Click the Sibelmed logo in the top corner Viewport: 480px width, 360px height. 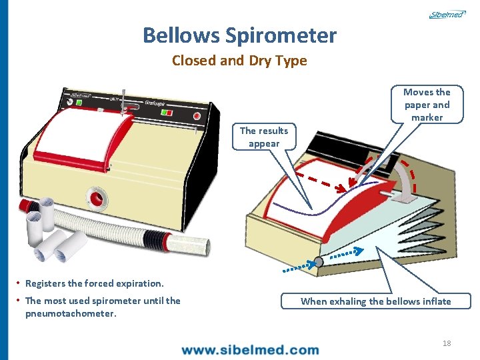(x=446, y=14)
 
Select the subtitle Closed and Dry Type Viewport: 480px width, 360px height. (x=239, y=61)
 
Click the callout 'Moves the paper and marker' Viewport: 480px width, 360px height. (x=427, y=105)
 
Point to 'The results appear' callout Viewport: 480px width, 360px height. (x=264, y=137)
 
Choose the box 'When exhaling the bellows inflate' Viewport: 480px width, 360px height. (x=375, y=301)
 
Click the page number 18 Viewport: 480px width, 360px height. (x=447, y=343)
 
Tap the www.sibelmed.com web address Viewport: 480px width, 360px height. (x=250, y=349)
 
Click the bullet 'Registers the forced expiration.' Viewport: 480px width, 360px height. (x=94, y=283)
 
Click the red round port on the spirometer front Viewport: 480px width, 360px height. (x=97, y=198)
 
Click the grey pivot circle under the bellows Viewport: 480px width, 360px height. (x=318, y=262)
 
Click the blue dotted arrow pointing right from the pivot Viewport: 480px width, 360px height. (x=347, y=252)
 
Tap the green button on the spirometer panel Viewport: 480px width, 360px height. (x=80, y=103)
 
